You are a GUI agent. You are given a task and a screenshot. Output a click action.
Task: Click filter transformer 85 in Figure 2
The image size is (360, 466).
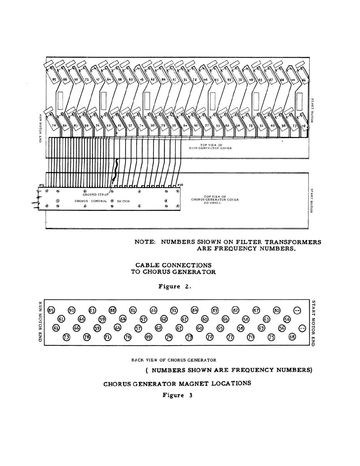click(x=54, y=79)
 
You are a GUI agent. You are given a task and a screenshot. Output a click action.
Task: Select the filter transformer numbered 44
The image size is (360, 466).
click(x=293, y=79)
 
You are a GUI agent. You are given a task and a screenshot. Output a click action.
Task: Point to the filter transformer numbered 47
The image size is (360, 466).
click(x=98, y=79)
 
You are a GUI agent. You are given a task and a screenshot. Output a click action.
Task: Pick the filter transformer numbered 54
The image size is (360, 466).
click(x=65, y=126)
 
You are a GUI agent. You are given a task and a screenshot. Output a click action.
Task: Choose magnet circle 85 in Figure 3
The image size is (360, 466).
click(x=51, y=310)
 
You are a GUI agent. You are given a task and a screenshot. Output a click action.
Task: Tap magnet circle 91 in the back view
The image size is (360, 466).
click(x=174, y=310)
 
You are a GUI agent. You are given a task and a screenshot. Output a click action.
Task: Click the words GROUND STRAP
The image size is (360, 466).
click(x=96, y=194)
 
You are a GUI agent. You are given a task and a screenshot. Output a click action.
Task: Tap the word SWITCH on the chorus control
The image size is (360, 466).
click(x=123, y=201)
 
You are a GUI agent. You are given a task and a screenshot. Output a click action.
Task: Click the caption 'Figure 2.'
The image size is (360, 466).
click(x=175, y=287)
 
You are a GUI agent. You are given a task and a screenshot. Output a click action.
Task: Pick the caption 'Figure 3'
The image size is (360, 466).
click(x=177, y=395)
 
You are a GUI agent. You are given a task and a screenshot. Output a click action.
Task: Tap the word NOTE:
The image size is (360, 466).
click(x=145, y=242)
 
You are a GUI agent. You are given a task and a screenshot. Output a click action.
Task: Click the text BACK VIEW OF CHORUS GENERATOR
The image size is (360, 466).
click(x=174, y=360)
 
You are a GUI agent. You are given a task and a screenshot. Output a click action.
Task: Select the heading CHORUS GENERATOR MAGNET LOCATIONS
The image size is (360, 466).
click(x=177, y=384)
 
